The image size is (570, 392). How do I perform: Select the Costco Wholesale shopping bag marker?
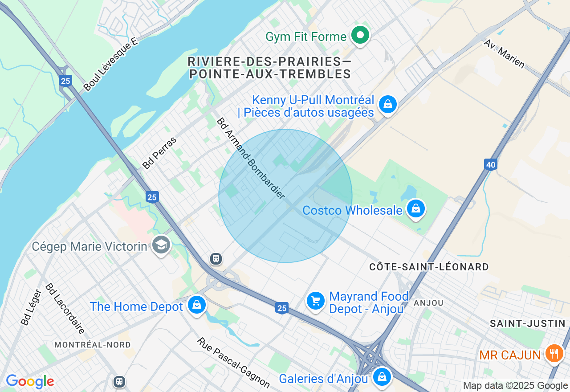tap(415, 208)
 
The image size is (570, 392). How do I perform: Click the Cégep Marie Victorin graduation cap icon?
tap(161, 245)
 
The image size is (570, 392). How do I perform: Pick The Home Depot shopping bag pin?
tap(196, 305)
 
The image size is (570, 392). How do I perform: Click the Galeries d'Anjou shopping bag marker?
tap(382, 377)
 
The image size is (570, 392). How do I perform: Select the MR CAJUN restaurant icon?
tap(554, 354)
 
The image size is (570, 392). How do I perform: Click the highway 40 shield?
tap(490, 165)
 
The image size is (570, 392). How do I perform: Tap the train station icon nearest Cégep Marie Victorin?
tap(216, 258)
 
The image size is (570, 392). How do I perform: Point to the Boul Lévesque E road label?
tap(111, 64)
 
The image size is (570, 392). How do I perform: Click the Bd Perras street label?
tap(159, 153)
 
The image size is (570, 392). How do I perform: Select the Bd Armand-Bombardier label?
tap(250, 158)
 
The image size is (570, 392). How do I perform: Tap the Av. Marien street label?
tap(504, 53)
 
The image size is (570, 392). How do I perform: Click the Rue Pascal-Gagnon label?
tap(233, 362)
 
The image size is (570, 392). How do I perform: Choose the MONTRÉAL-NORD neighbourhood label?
tap(93, 345)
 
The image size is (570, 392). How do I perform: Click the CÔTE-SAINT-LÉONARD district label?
tap(429, 267)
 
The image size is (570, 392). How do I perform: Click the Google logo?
tap(30, 381)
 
